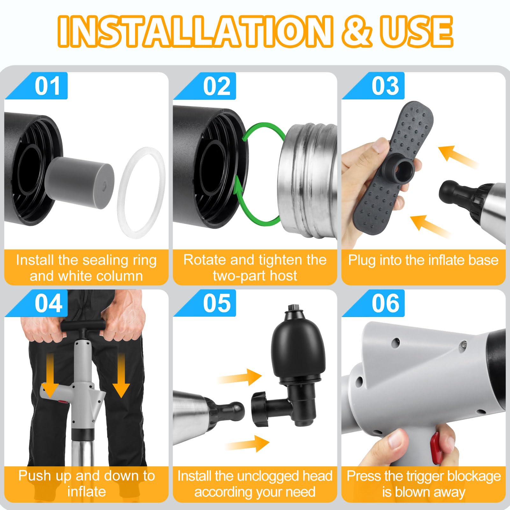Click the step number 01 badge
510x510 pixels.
pyautogui.click(x=47, y=86)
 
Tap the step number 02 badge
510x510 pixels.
pyautogui.click(x=217, y=86)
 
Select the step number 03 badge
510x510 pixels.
pyautogui.click(x=385, y=86)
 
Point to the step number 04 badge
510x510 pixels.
pyautogui.click(x=48, y=303)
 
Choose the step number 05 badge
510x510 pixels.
pyautogui.click(x=217, y=303)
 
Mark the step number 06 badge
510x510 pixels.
pyautogui.click(x=385, y=303)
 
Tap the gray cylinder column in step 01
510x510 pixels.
pyautogui.click(x=80, y=183)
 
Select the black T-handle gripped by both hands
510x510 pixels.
pyautogui.click(x=83, y=326)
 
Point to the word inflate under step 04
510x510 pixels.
pyautogui.click(x=86, y=492)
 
